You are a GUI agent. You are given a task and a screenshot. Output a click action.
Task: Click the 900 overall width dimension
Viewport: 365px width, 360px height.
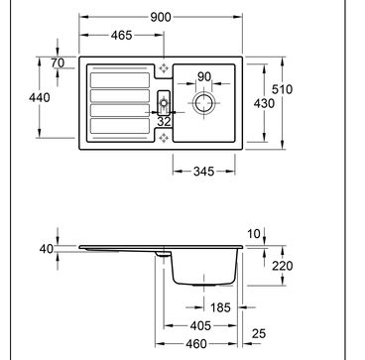tap(161, 17)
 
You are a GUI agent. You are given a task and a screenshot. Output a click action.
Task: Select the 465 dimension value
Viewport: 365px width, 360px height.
tap(121, 35)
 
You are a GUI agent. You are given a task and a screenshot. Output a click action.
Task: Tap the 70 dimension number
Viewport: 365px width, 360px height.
tap(59, 62)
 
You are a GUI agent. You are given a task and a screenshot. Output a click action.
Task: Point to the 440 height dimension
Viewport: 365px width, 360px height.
tap(40, 97)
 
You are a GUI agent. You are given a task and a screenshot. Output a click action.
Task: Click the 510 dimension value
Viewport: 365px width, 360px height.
tap(282, 89)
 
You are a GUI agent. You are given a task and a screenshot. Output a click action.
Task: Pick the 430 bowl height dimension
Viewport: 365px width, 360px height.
tap(264, 103)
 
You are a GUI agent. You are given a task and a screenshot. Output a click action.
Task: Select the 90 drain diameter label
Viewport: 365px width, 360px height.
tap(204, 76)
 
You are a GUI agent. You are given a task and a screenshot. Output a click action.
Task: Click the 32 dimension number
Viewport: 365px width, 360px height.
tap(164, 121)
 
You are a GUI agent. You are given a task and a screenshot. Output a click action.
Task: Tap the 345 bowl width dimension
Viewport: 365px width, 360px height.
tap(204, 172)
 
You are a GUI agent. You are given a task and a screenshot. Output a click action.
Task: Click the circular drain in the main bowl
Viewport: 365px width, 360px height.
tap(203, 103)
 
